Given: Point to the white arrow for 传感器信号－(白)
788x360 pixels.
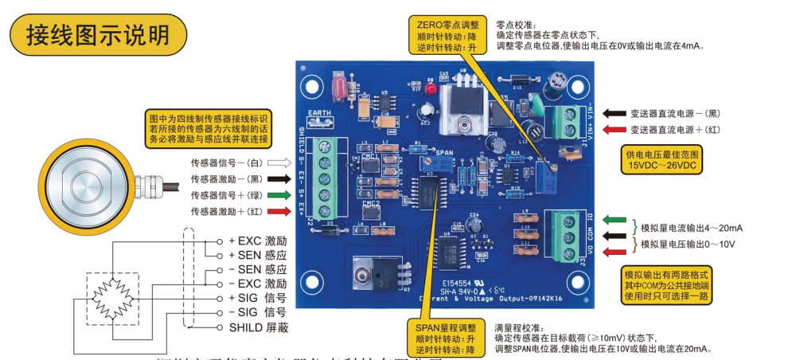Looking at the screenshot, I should click(274, 162).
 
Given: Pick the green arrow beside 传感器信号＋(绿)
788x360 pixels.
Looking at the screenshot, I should click(274, 195).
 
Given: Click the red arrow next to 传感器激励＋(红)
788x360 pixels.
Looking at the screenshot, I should click(274, 211).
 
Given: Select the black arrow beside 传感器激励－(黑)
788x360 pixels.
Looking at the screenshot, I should click(274, 179).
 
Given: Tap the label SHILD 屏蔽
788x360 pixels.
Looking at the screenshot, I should click(258, 327).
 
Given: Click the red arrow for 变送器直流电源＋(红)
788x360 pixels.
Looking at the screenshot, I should click(614, 129).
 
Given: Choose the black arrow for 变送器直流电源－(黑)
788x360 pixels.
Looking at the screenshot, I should click(614, 113).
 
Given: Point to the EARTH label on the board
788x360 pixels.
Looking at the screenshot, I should click(319, 113).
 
